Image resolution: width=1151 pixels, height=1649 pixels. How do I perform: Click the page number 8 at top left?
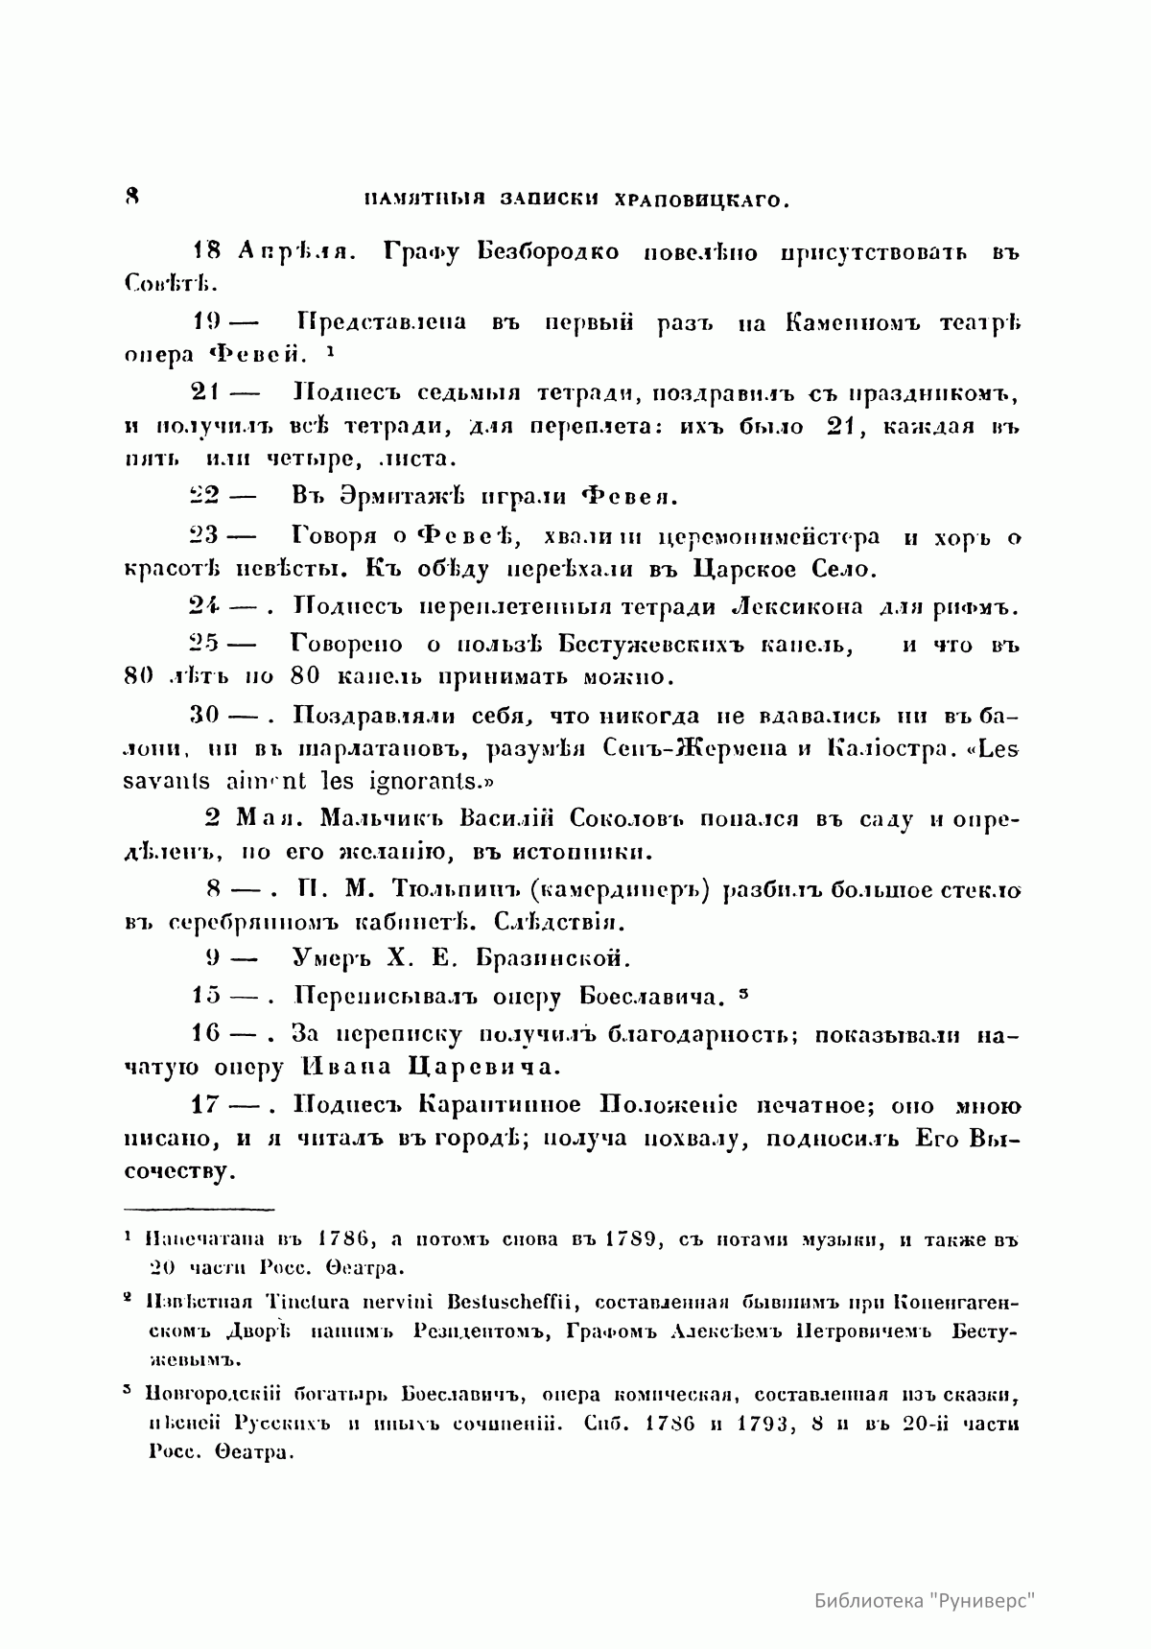click(x=132, y=196)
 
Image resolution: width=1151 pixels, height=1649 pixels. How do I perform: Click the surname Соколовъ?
click(x=624, y=818)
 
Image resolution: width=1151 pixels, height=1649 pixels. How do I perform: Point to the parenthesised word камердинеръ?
click(x=620, y=889)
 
